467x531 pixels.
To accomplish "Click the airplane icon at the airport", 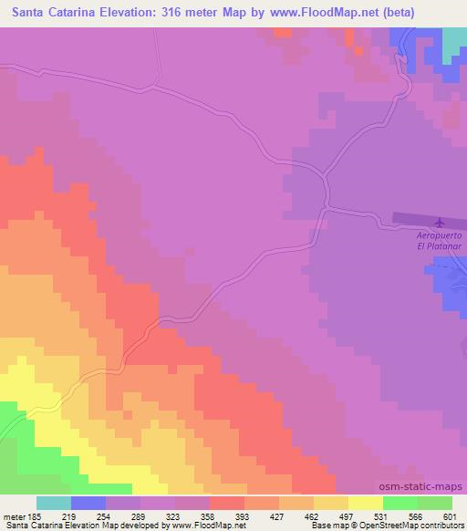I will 441,222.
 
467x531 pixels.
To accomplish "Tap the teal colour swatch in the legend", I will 54,503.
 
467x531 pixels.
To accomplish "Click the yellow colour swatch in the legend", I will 365,503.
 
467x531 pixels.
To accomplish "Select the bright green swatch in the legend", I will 400,503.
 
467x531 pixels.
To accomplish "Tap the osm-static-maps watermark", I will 427,488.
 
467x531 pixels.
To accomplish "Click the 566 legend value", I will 415,516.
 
